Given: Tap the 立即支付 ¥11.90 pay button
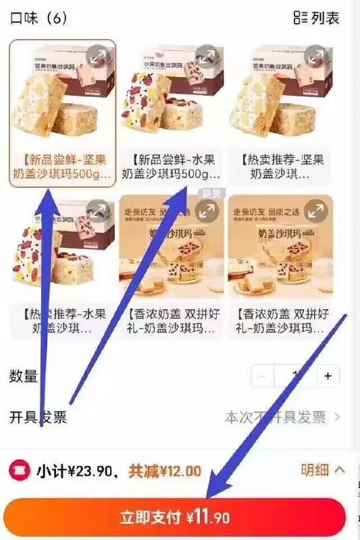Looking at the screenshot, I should click(x=174, y=518).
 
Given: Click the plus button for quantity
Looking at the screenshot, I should click(x=328, y=376).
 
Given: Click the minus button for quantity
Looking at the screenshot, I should click(x=262, y=376).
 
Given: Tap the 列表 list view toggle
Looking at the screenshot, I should click(x=316, y=18).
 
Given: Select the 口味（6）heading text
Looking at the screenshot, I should click(x=38, y=18).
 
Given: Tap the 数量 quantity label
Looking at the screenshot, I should click(x=24, y=377).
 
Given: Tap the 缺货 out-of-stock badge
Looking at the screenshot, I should click(x=211, y=193).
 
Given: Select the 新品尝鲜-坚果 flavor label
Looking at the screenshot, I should click(x=62, y=167).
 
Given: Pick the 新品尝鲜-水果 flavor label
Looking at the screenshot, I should click(x=171, y=167).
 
